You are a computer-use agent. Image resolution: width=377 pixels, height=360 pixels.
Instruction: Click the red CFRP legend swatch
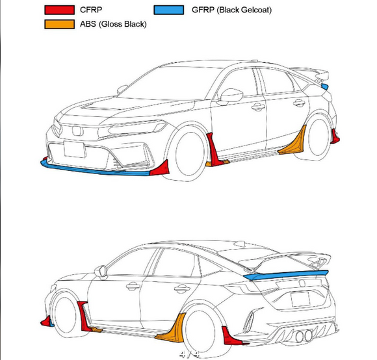point(58,10)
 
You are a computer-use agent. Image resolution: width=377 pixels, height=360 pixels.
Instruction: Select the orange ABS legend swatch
point(58,25)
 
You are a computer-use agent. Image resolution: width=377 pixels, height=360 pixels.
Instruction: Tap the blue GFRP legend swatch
point(169,10)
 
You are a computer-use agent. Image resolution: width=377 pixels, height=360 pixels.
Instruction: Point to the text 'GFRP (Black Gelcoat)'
point(231,10)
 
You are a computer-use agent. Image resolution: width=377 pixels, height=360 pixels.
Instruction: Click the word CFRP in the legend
point(92,10)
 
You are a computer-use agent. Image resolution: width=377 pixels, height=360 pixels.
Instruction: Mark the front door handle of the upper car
point(258,107)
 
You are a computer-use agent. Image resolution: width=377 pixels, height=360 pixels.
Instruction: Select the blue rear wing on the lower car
point(286,276)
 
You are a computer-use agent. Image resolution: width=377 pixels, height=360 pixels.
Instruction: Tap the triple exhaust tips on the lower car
point(303,337)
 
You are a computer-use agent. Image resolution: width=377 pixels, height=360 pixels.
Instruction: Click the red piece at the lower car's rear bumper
point(231,336)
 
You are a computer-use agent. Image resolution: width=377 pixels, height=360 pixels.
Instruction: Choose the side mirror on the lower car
point(101,271)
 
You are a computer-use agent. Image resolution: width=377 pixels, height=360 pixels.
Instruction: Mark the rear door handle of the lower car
point(182,289)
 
